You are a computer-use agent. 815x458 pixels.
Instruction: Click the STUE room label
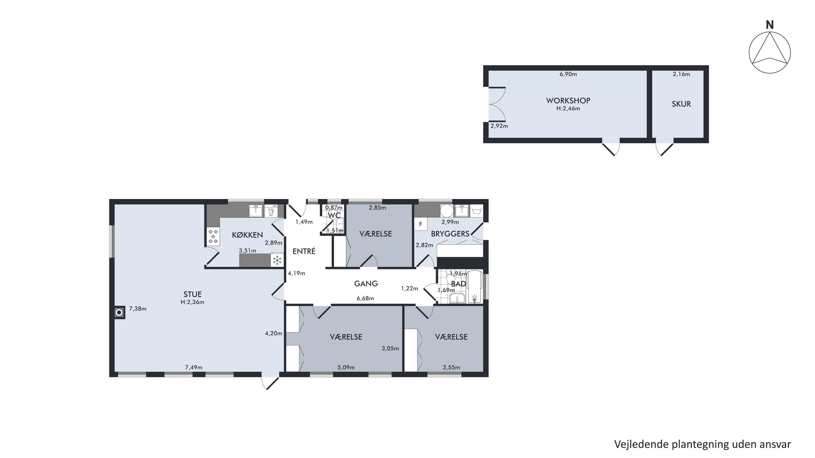click(192, 294)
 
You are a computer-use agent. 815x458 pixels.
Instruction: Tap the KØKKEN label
click(247, 235)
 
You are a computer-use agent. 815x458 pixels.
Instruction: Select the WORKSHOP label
click(568, 100)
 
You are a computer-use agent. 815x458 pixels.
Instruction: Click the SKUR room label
click(681, 104)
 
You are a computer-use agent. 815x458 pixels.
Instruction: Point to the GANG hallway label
click(366, 283)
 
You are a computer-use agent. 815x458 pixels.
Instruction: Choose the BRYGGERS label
click(450, 234)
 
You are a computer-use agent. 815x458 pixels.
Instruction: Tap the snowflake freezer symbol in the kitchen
click(277, 260)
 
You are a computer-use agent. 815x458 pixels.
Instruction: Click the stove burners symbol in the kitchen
click(213, 236)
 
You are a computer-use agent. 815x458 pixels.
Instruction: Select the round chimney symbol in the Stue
click(119, 312)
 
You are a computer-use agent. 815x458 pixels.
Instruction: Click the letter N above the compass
click(770, 25)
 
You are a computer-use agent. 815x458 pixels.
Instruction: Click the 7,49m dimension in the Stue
click(193, 367)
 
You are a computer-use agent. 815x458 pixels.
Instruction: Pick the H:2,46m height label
click(568, 108)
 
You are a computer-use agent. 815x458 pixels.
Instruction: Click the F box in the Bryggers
click(421, 224)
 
